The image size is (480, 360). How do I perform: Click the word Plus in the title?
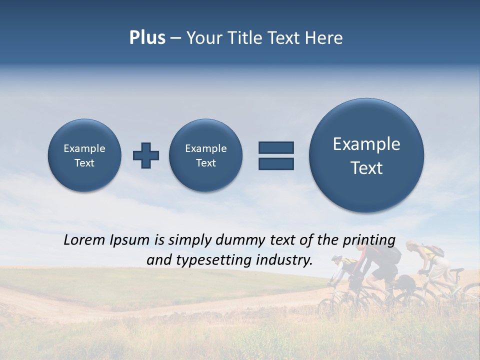coord(147,38)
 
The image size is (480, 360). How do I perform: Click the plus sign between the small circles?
coord(146,155)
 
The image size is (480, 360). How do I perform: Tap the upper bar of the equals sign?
coord(276,147)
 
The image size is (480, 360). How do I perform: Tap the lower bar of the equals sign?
coord(276,163)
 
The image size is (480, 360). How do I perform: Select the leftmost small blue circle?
coord(84,155)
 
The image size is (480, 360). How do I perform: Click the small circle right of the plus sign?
coord(206,155)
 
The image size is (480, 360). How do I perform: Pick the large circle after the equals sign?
coord(366,155)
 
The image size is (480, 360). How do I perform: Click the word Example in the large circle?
coord(366,144)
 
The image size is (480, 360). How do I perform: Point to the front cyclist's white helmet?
coord(336,258)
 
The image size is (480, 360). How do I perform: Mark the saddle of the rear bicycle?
coord(457,270)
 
